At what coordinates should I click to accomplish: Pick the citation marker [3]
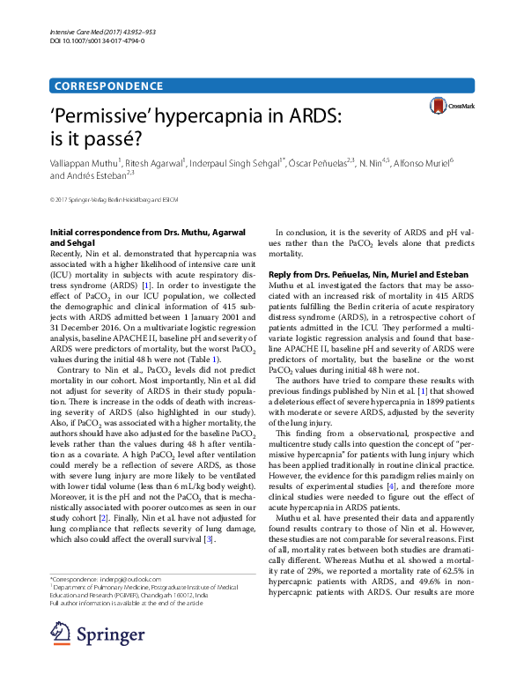[x=209, y=514]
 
